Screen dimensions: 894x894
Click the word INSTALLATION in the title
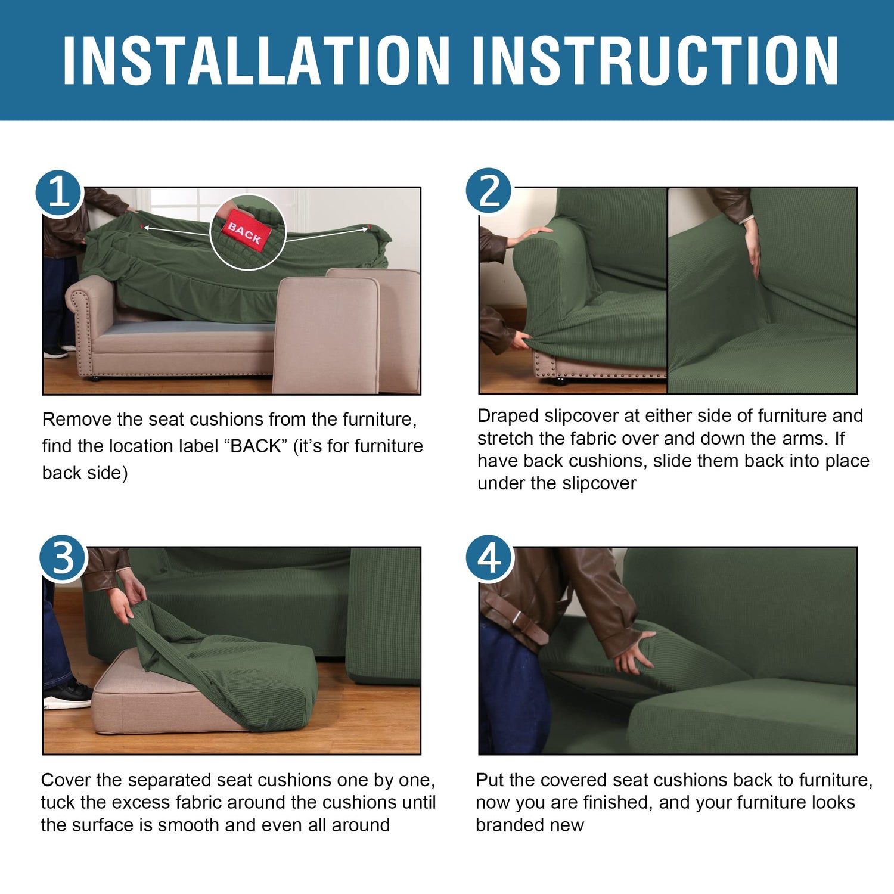(256, 60)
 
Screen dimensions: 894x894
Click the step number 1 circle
(59, 193)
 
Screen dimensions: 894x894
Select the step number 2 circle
(489, 191)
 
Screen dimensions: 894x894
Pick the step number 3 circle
(64, 558)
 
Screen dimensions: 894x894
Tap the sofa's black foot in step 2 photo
(558, 381)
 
